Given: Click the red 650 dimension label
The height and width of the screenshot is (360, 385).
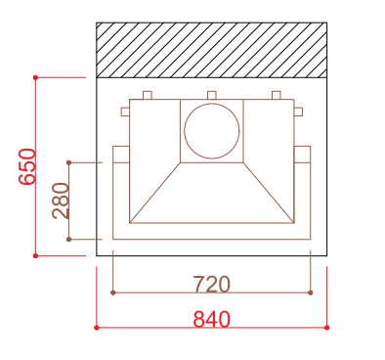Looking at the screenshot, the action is [x=27, y=166].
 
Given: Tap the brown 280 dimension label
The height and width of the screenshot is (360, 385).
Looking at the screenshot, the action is [x=61, y=201].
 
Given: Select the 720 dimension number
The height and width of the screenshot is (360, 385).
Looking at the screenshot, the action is [x=212, y=285].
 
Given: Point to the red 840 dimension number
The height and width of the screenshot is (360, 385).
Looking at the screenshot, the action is [x=212, y=320].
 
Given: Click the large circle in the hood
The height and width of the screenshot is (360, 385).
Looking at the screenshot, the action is [x=212, y=131].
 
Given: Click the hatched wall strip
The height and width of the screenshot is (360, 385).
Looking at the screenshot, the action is [x=212, y=50].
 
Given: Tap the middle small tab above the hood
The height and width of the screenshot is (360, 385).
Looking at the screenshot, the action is [x=212, y=95].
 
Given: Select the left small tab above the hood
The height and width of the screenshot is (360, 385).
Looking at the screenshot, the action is [x=148, y=95].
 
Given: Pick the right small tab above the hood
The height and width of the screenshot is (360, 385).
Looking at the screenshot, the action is [x=277, y=95].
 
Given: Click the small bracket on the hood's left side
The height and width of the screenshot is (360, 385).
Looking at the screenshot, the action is [x=125, y=112].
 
